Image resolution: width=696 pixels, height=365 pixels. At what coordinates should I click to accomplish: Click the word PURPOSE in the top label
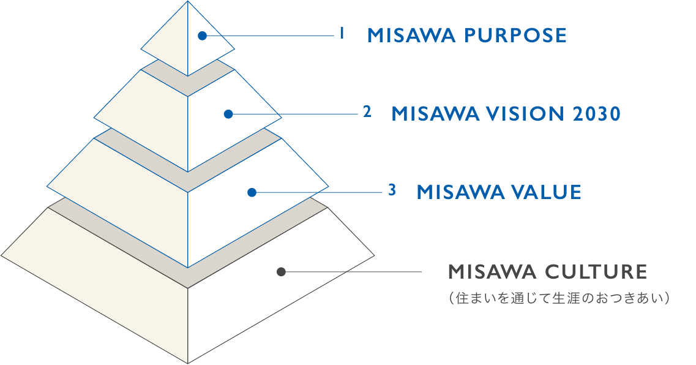pyautogui.click(x=515, y=36)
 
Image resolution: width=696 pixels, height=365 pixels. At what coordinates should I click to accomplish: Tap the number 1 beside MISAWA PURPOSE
pyautogui.click(x=342, y=33)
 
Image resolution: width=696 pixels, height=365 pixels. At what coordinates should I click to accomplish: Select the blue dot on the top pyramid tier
pyautogui.click(x=203, y=36)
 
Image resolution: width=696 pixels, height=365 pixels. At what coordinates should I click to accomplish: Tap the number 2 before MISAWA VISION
pyautogui.click(x=367, y=112)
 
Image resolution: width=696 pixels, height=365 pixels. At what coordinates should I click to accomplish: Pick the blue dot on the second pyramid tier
pyautogui.click(x=228, y=114)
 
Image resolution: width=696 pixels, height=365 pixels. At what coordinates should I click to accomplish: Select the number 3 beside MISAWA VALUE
pyautogui.click(x=392, y=190)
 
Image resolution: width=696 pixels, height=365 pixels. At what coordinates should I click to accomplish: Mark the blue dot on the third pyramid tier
pyautogui.click(x=252, y=192)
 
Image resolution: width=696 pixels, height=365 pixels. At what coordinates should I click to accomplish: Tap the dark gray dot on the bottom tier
pyautogui.click(x=281, y=272)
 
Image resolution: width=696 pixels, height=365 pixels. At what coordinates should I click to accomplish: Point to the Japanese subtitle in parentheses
pyautogui.click(x=559, y=298)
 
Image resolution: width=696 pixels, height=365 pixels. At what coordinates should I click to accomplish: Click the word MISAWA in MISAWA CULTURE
pyautogui.click(x=492, y=272)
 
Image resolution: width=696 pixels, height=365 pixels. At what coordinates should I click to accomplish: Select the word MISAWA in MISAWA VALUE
pyautogui.click(x=460, y=192)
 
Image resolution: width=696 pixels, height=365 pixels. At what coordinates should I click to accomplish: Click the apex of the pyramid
pyautogui.click(x=188, y=1)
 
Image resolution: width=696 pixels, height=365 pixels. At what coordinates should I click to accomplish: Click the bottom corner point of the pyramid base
pyautogui.click(x=188, y=363)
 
